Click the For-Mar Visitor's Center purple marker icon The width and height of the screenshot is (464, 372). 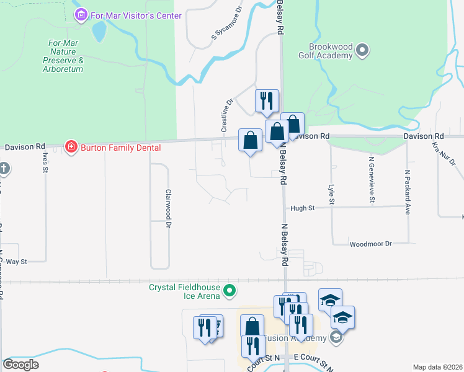point(80,15)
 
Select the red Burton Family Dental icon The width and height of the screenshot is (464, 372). point(71,147)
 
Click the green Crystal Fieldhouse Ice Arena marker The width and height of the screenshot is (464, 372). point(230,290)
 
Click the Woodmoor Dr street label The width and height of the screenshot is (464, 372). point(371,244)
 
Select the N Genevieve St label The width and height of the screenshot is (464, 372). point(372,180)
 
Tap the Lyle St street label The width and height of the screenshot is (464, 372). point(332,193)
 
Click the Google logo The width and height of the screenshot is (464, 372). point(21,365)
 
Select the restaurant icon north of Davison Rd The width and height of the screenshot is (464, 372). point(267,102)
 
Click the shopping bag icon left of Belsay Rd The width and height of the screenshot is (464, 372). point(250,141)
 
